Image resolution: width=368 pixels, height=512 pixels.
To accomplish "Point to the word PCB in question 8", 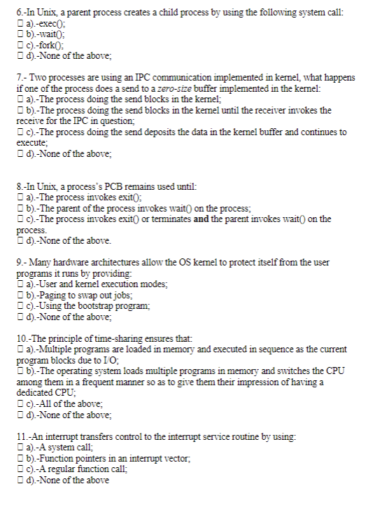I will pyautogui.click(x=111, y=187).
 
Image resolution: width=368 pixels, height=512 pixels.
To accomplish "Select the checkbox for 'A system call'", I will pyautogui.click(x=18, y=448).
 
